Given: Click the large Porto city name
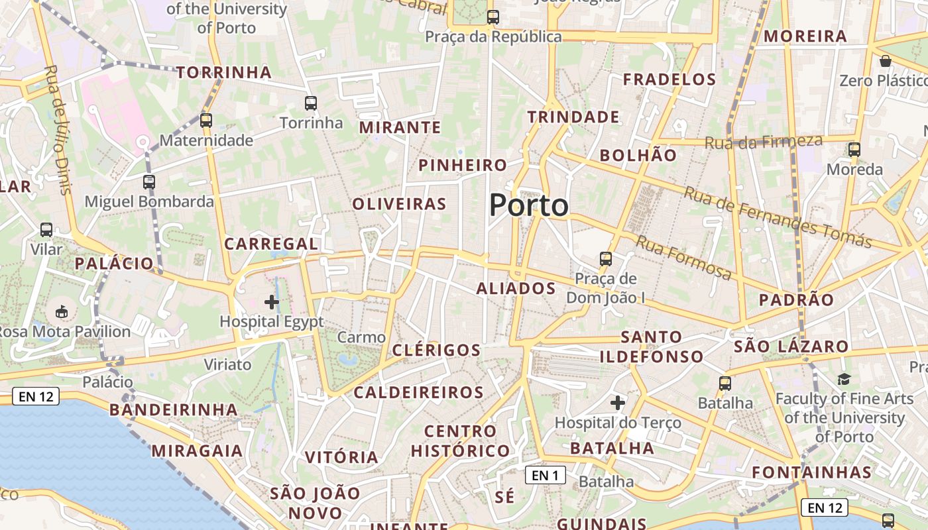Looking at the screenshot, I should click(528, 205).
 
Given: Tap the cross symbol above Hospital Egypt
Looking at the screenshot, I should click(272, 302).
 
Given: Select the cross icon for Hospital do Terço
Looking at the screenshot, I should click(618, 402).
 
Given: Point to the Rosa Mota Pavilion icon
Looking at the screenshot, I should click(62, 311).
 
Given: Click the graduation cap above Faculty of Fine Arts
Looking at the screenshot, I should click(844, 379).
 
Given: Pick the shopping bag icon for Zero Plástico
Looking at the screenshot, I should click(886, 62).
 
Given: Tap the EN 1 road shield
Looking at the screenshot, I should click(545, 475).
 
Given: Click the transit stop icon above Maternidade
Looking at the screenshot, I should click(206, 121).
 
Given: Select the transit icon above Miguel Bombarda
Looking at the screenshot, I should click(149, 182).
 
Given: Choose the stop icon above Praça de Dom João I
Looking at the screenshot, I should click(605, 258).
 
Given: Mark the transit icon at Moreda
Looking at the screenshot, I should click(854, 150).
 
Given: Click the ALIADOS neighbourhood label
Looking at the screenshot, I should click(516, 288).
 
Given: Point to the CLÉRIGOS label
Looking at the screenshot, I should click(436, 350).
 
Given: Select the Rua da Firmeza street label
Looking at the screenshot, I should click(763, 141).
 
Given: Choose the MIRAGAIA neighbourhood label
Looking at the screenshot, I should click(197, 451).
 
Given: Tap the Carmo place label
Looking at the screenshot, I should click(361, 337).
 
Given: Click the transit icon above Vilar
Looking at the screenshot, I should click(46, 230).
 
